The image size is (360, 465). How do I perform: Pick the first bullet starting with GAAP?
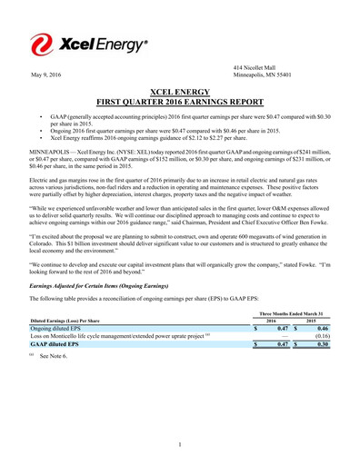191,122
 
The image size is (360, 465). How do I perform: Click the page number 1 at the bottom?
180,442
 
